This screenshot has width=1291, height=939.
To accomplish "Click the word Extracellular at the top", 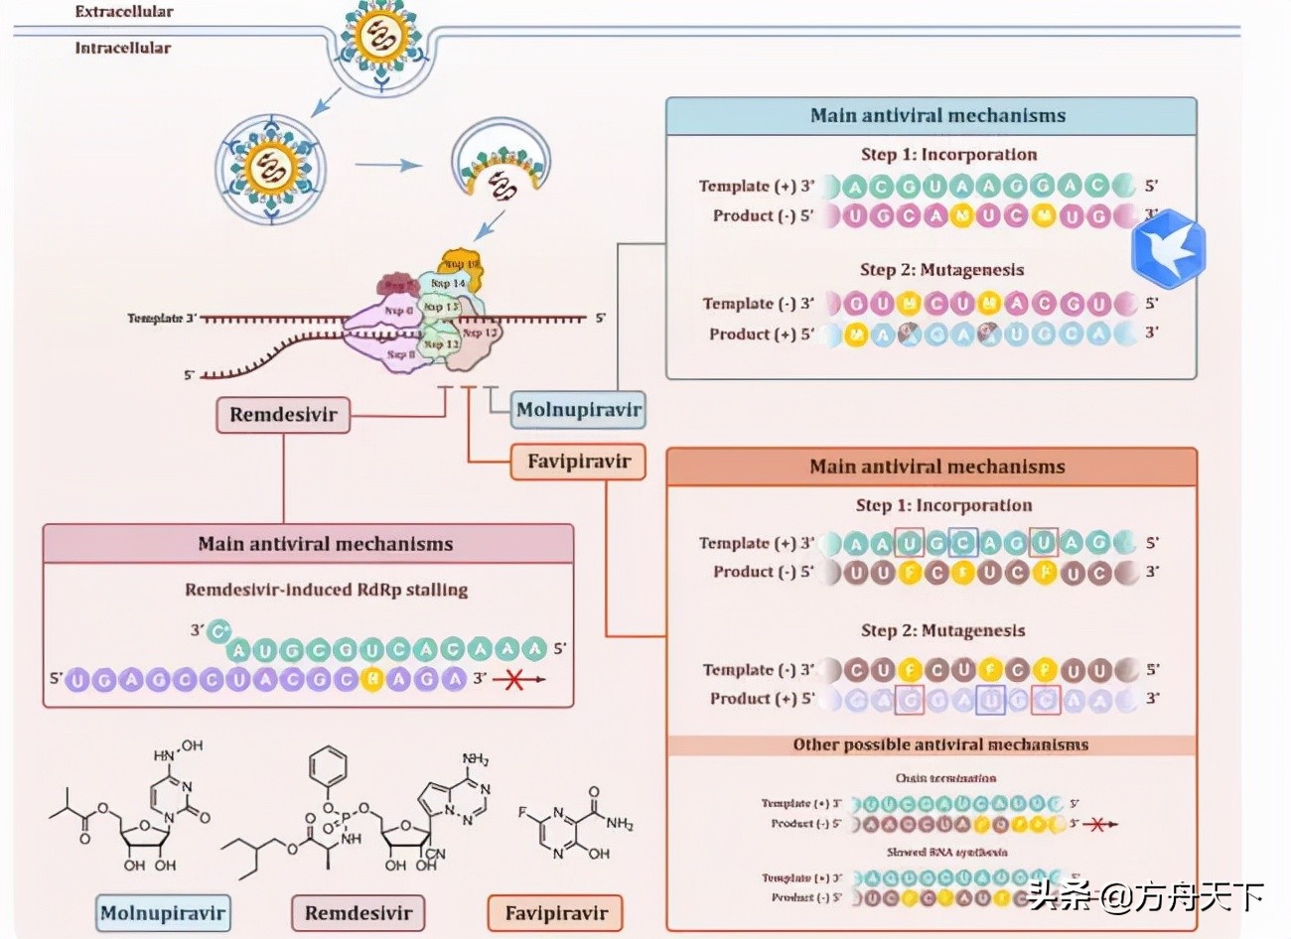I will (x=124, y=12).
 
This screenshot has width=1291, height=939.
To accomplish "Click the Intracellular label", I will (x=122, y=48).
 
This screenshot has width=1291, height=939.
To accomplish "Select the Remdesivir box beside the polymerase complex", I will (x=283, y=414).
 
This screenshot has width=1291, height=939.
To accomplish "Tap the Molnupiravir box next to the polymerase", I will (x=578, y=409).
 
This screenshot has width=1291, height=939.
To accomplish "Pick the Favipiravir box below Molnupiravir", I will (x=578, y=462).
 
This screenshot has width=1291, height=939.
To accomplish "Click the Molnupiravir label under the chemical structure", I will (x=163, y=913).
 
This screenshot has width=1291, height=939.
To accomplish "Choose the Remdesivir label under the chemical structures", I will (x=358, y=913).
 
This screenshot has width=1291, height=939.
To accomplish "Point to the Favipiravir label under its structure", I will (x=555, y=913).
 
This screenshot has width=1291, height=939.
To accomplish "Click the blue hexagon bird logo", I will (x=1169, y=248).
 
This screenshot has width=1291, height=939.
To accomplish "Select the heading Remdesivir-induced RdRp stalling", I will (x=326, y=590).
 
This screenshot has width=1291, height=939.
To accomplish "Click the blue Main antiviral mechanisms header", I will (x=936, y=116).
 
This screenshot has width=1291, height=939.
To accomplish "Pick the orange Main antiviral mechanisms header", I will (x=936, y=467).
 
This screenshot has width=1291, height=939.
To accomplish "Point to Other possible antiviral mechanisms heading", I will (x=939, y=744).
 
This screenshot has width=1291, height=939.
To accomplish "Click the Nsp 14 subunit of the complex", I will (x=448, y=284).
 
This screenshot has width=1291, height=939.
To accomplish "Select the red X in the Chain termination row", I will (x=1096, y=824).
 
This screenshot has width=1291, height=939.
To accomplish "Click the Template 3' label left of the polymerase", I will (x=163, y=319).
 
